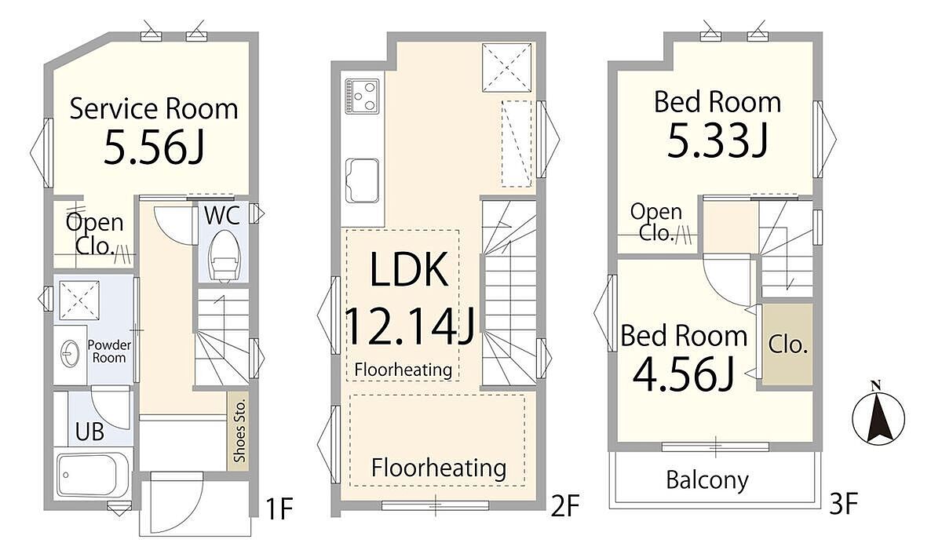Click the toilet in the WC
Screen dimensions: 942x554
225,260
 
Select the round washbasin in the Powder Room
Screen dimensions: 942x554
70,353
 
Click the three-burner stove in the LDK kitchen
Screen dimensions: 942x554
362,97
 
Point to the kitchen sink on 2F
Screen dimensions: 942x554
362,180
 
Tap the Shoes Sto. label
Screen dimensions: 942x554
239,431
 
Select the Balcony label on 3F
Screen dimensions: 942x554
707,480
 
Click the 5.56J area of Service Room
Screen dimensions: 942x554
154,147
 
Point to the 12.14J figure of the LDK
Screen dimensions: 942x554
410,326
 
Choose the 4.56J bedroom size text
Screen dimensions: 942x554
684,374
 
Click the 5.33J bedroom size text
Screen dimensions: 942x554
717,140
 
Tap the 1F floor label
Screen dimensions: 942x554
279,508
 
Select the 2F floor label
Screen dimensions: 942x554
566,505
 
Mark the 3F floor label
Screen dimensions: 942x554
844,504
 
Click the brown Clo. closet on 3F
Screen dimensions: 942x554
787,344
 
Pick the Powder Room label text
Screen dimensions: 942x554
109,352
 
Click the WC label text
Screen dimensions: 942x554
222,215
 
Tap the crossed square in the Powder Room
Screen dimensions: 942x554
79,300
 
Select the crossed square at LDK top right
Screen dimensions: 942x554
507,67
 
